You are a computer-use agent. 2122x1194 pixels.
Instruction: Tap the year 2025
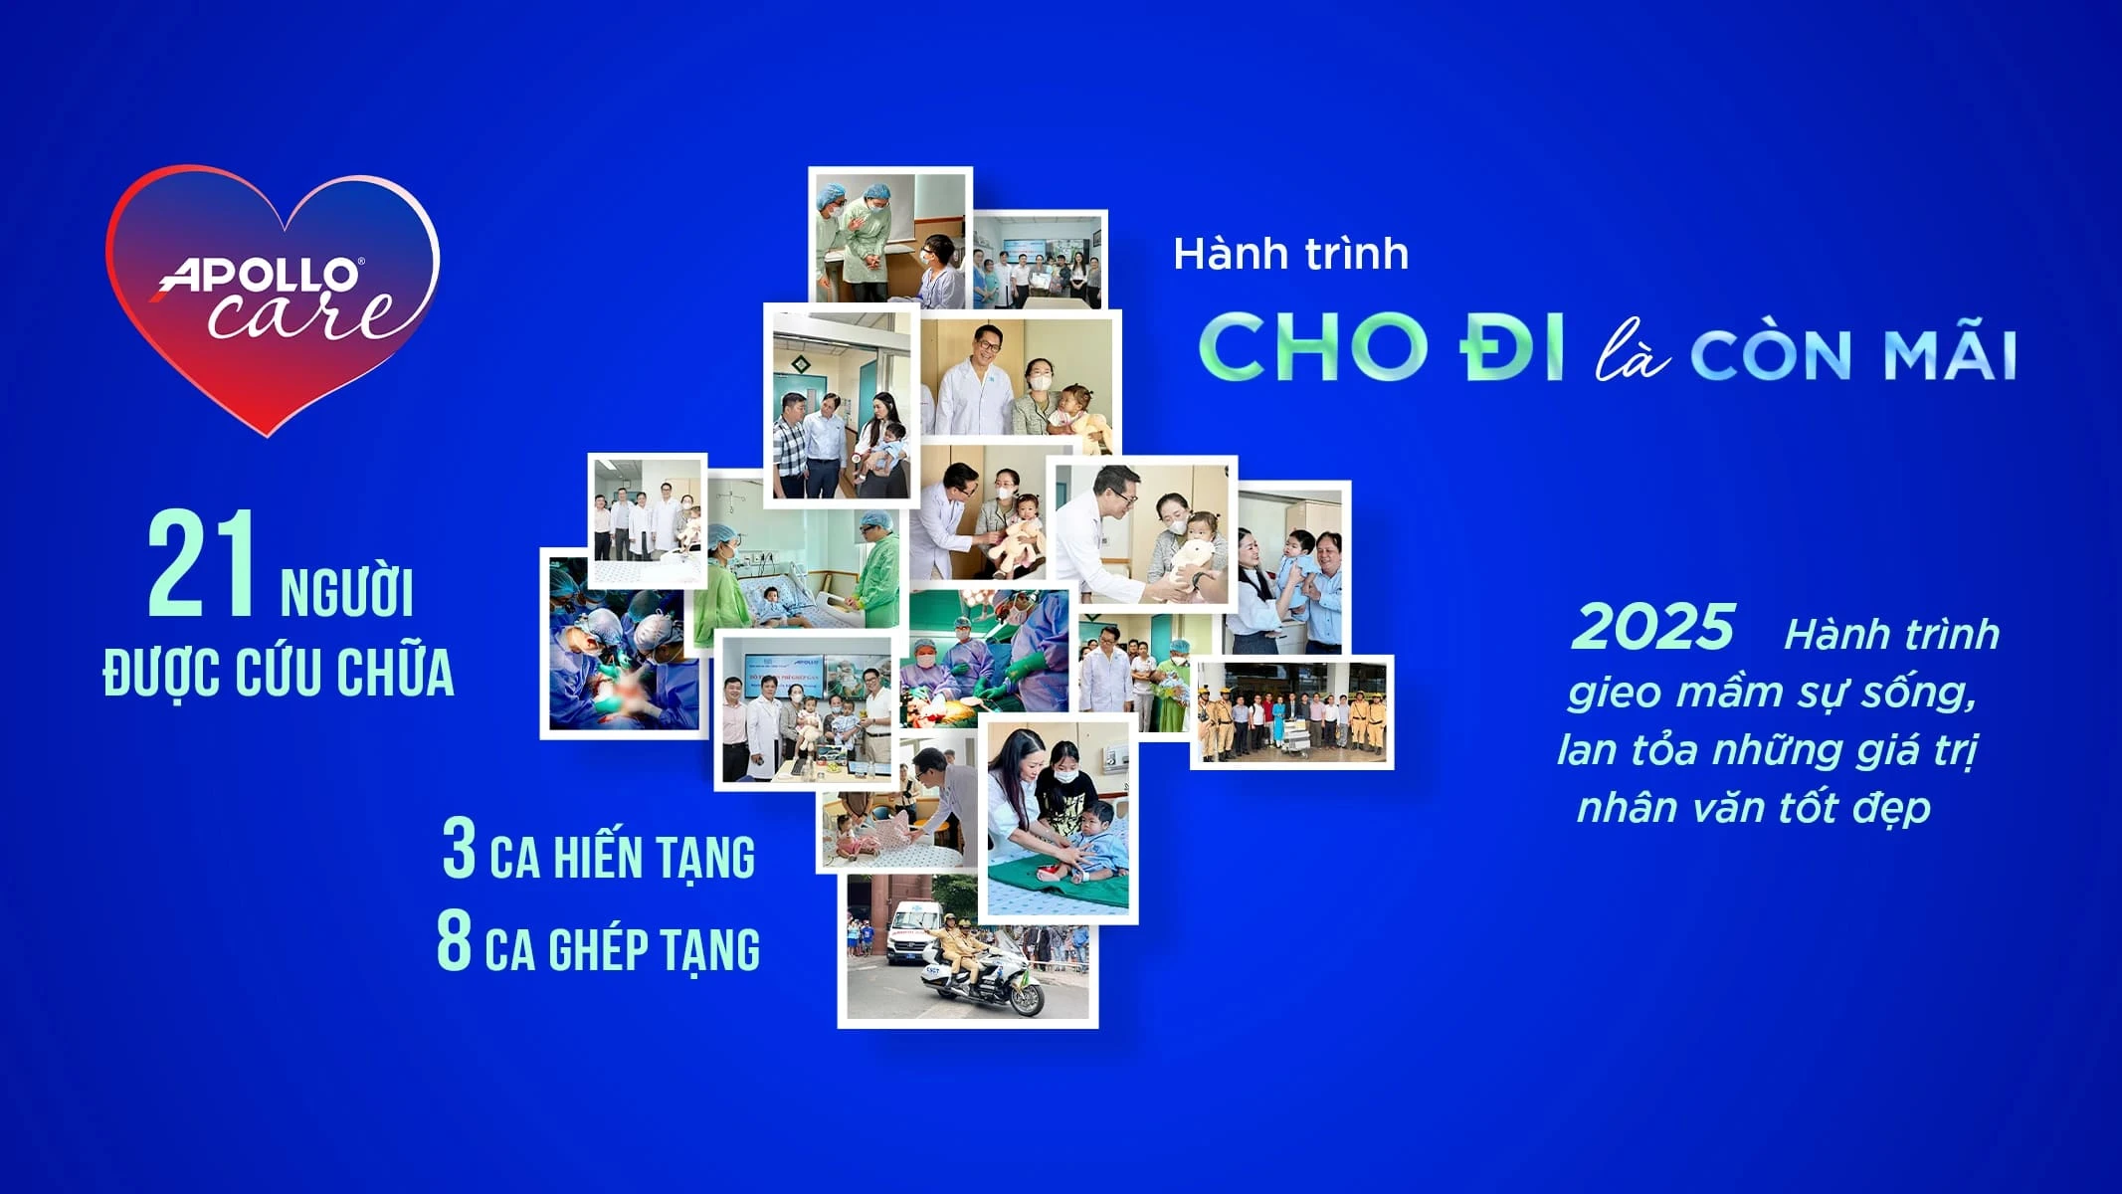[x=1652, y=628]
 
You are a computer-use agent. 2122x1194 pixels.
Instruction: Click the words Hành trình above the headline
[x=1290, y=255]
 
